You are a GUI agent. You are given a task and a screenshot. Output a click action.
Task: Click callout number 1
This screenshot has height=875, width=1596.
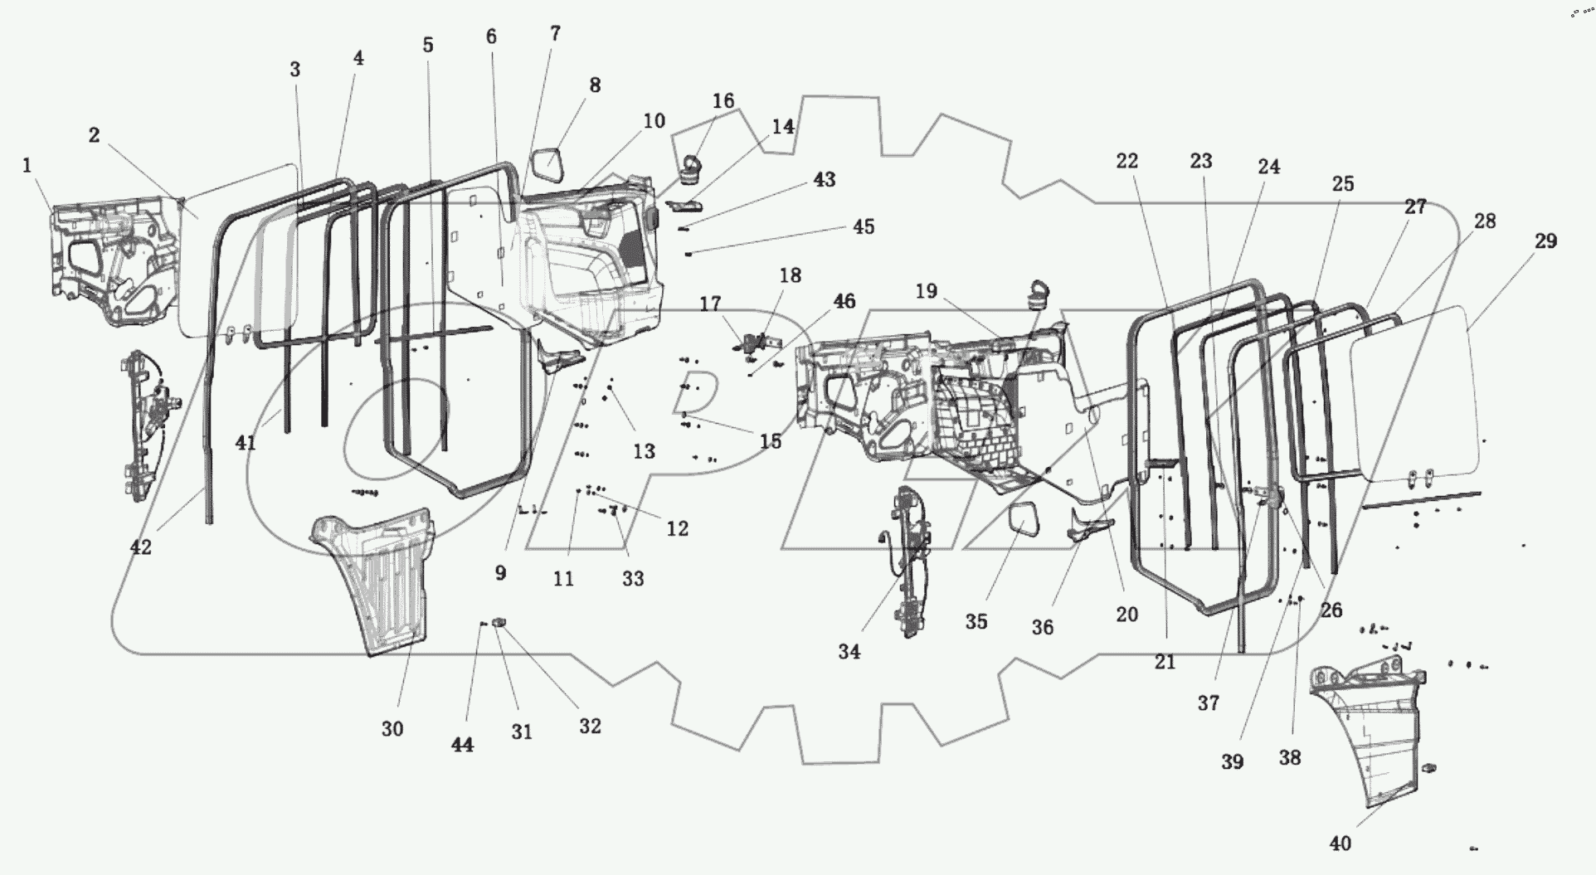click(27, 166)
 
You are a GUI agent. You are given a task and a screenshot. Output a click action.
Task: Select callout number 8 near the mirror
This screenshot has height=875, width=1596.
click(595, 85)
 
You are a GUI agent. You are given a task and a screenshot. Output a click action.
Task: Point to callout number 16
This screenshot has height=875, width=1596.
click(723, 101)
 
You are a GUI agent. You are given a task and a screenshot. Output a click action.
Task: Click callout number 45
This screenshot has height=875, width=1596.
click(864, 227)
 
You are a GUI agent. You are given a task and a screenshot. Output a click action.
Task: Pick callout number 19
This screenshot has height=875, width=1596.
click(926, 291)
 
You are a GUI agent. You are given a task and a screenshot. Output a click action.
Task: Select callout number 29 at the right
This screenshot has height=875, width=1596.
click(1545, 241)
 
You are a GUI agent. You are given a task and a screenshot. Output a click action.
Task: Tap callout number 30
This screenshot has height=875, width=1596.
click(392, 729)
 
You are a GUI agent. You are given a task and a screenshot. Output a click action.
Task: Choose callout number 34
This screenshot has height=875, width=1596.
click(849, 652)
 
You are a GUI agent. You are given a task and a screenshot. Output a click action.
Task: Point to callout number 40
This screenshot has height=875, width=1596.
click(1340, 844)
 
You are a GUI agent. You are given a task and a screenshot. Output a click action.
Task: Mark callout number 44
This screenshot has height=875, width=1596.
click(462, 745)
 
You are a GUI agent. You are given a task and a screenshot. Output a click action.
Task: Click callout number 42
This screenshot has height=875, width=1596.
click(141, 547)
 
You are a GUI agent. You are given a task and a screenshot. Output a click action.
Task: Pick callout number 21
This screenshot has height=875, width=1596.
click(1165, 662)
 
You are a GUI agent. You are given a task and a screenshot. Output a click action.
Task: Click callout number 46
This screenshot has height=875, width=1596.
click(844, 301)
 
